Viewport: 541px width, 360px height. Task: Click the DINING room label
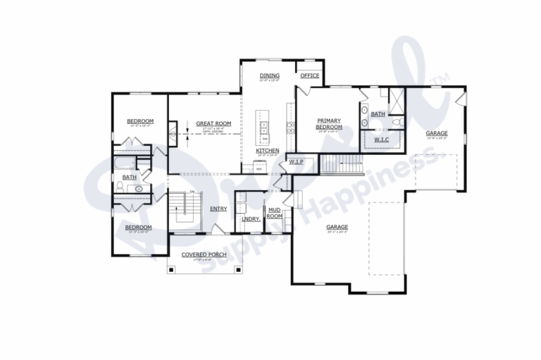[269, 75]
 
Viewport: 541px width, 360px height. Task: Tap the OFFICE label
[310, 75]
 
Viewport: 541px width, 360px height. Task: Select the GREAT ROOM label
[209, 123]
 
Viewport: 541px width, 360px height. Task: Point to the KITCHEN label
[267, 150]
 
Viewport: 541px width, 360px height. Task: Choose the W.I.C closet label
[381, 139]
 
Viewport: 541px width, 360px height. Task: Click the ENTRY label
[218, 208]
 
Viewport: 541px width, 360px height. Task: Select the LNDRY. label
[251, 219]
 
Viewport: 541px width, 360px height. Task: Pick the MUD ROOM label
[274, 212]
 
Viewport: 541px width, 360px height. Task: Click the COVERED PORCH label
[203, 254]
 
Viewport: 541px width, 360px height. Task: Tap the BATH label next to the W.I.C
[378, 113]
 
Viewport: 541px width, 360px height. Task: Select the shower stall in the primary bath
[395, 99]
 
